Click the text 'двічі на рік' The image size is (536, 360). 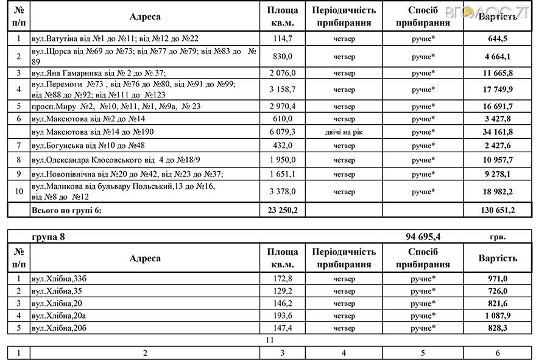point(344,132)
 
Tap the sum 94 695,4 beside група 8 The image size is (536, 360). point(430,237)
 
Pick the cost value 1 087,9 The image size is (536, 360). point(498,315)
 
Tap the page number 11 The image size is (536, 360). point(270,339)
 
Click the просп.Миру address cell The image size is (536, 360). point(115,106)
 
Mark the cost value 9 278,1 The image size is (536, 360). point(498,174)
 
